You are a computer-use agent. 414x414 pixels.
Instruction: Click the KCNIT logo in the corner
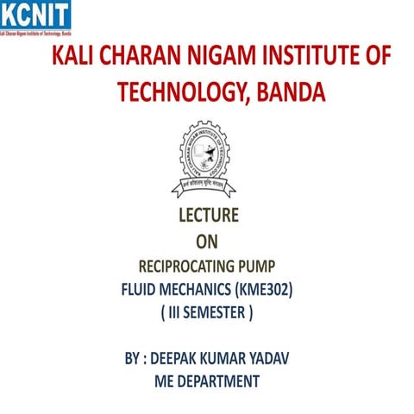(x=37, y=17)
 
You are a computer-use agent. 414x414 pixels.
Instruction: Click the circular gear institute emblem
(x=207, y=159)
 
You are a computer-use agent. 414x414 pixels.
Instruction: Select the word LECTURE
(x=207, y=216)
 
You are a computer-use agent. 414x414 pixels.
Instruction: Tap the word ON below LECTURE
(x=207, y=242)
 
